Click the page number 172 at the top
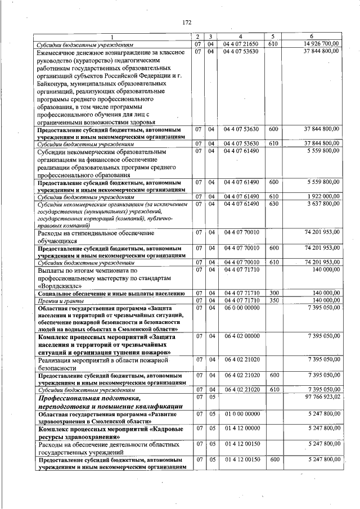(187, 22)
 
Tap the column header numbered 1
(111, 37)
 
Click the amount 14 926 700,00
(321, 43)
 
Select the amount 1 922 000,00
(322, 196)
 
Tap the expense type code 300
(273, 293)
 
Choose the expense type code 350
(273, 300)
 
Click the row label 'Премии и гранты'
(57, 301)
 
